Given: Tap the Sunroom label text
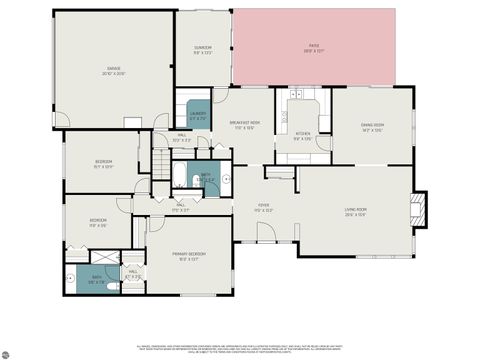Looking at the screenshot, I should click(x=203, y=51).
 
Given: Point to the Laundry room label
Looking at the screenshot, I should click(x=197, y=115).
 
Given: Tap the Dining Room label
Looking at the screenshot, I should click(x=373, y=126).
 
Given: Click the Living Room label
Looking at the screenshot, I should click(x=357, y=211).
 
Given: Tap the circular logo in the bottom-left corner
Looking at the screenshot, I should click(x=9, y=353).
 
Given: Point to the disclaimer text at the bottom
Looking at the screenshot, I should click(x=240, y=347).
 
